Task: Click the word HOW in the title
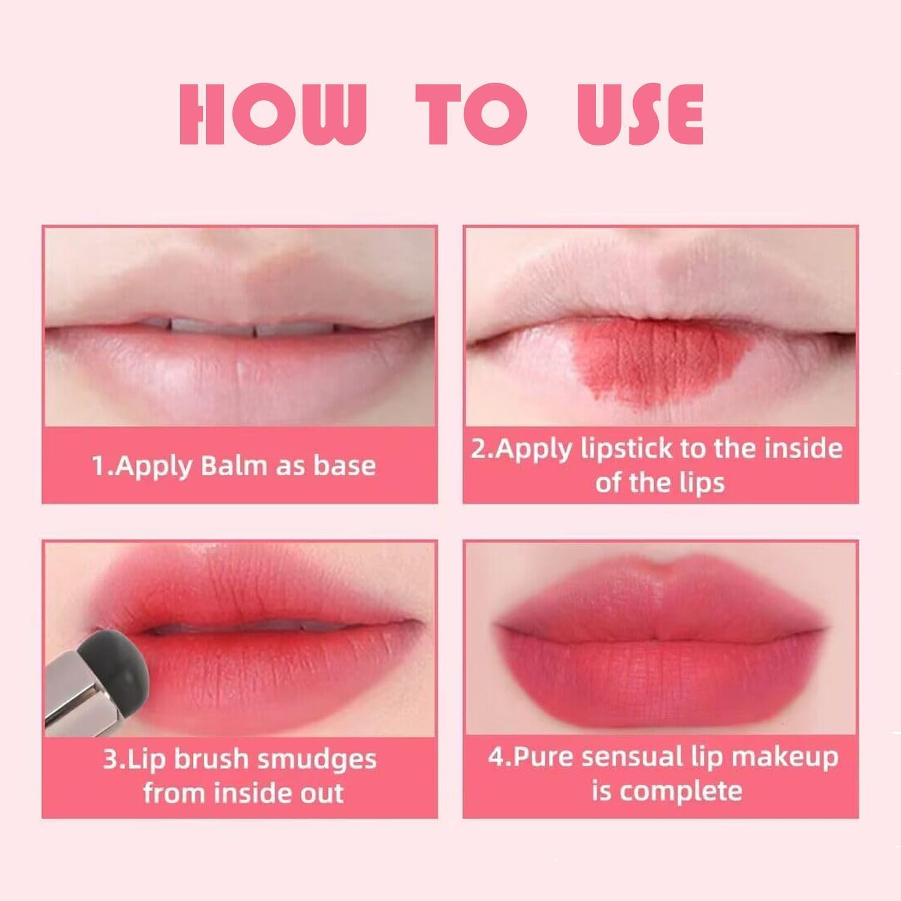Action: pyautogui.click(x=273, y=115)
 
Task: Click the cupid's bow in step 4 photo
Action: pyautogui.click(x=661, y=565)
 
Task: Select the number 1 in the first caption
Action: pyautogui.click(x=98, y=466)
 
